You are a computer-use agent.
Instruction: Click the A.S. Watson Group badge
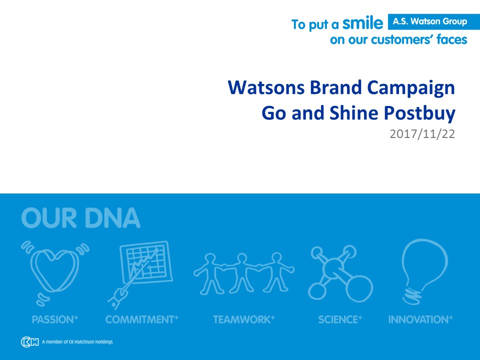click(434, 21)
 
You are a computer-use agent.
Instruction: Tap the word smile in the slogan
click(363, 23)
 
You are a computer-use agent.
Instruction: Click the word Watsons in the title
click(266, 87)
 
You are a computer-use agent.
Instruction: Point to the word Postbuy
click(419, 114)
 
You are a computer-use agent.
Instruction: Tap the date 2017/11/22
click(422, 134)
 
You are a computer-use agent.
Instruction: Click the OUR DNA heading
click(81, 218)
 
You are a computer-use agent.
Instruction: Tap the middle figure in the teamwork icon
click(242, 272)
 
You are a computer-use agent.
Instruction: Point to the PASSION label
click(55, 320)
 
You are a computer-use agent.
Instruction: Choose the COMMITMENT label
click(141, 320)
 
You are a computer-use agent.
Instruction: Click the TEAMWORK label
click(244, 320)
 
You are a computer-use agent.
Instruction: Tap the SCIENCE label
click(340, 320)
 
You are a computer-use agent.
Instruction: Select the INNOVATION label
click(420, 320)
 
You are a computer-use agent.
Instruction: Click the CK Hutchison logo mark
click(30, 342)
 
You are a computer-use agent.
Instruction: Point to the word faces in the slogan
click(452, 40)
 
